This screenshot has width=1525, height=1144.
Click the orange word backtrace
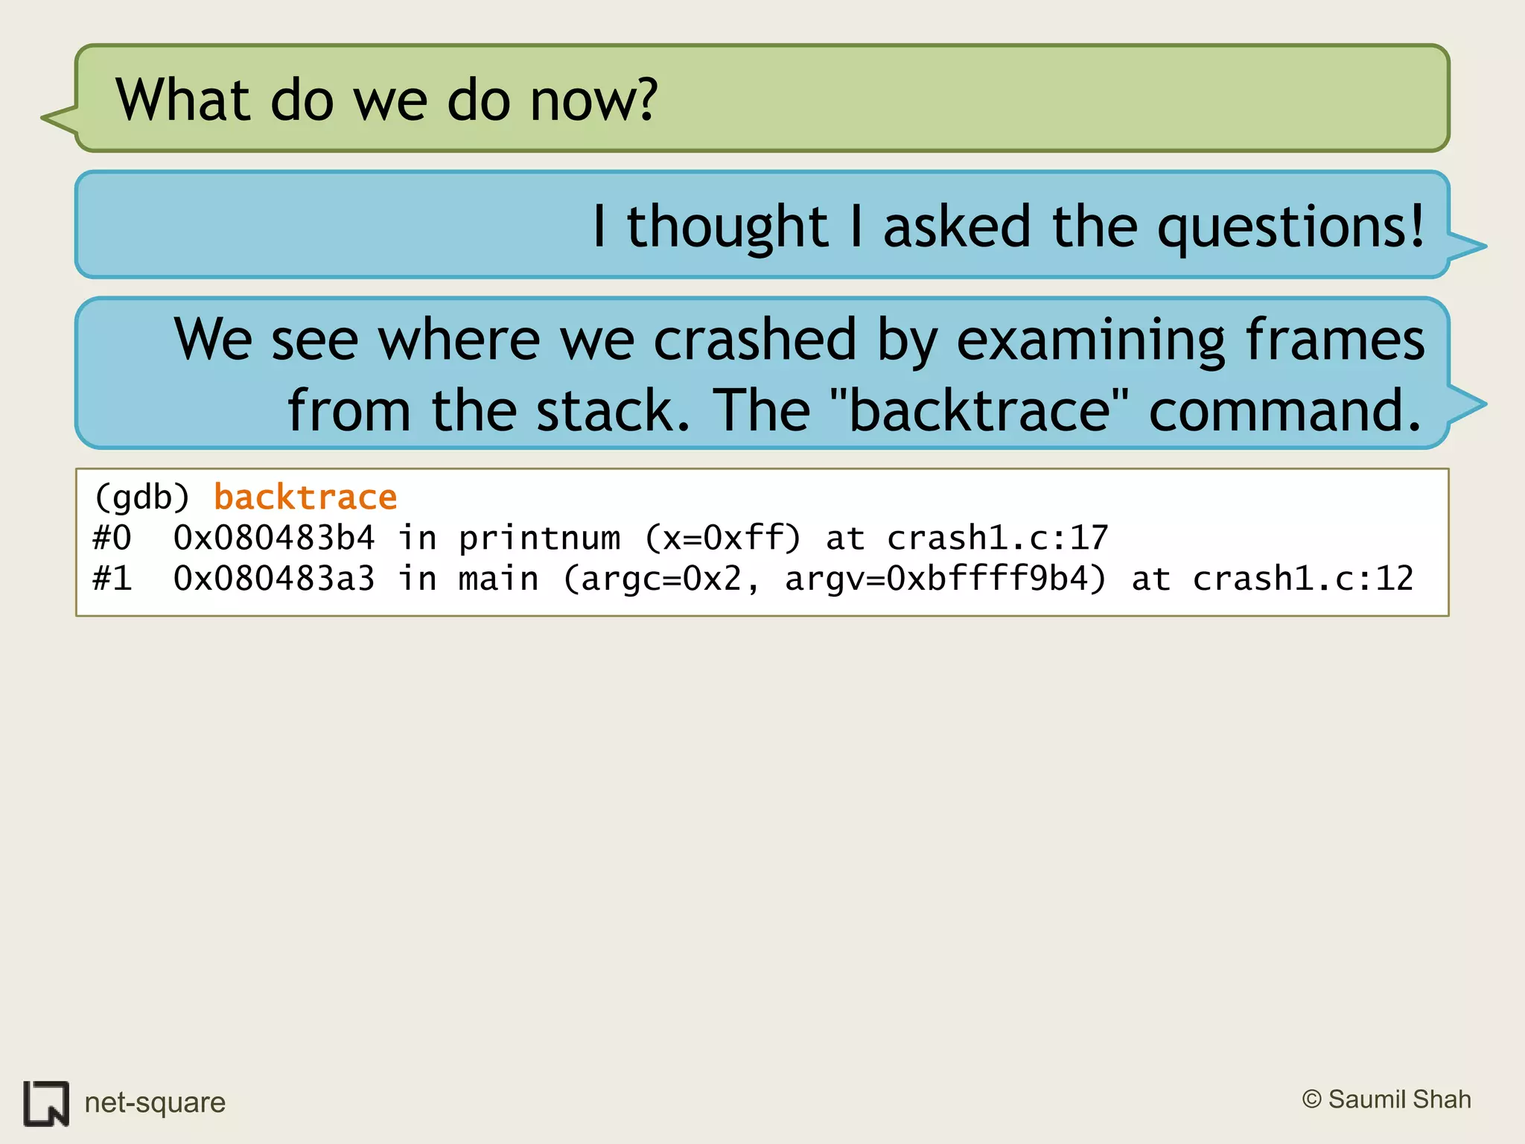tap(305, 498)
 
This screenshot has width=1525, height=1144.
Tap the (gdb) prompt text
tap(142, 498)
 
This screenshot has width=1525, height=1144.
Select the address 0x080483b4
tap(273, 538)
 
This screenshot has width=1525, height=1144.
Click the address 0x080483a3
tap(273, 579)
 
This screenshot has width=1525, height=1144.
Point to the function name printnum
tap(539, 538)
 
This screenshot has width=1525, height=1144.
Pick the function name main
tap(498, 579)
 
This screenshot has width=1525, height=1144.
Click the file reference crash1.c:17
tap(997, 538)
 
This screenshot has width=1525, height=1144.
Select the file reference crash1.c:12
tap(1302, 579)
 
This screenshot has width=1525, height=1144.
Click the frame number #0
tap(112, 538)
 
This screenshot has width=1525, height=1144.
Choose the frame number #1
tap(112, 579)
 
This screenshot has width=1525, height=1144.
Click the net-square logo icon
tap(46, 1103)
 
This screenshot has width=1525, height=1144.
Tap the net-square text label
tap(155, 1102)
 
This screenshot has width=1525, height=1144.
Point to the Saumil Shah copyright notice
tap(1386, 1099)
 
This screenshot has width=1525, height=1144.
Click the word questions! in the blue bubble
tap(1290, 227)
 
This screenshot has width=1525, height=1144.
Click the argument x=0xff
tap(723, 538)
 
